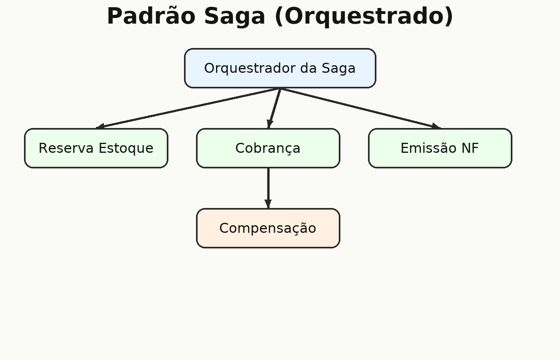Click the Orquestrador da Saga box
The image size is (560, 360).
tap(280, 68)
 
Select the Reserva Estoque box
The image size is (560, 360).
tap(96, 148)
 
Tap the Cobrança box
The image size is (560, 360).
tap(268, 148)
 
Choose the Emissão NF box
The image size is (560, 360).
tap(440, 148)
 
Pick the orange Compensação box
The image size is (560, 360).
tap(268, 228)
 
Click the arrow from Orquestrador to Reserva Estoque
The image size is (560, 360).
tap(188, 108)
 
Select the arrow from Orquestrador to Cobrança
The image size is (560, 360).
tap(274, 108)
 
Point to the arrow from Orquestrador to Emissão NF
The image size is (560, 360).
tap(360, 108)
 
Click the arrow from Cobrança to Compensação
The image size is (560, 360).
tap(268, 188)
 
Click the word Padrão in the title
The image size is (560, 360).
tap(151, 16)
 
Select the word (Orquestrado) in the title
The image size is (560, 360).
tap(364, 17)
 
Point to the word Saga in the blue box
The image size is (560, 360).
tap(338, 68)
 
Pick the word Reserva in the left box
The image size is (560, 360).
tap(66, 148)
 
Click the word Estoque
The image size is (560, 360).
tap(126, 148)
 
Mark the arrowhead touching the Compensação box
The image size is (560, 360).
tap(268, 204)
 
